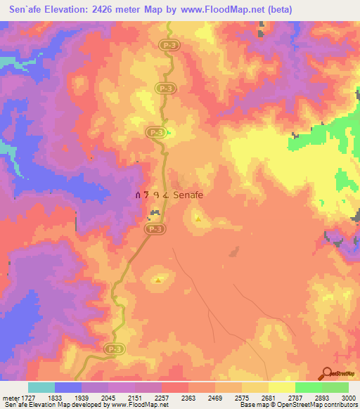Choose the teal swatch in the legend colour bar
[x=41, y=387]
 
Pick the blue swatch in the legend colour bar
[x=68, y=387]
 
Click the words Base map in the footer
[x=252, y=405]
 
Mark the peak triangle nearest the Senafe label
[x=198, y=219]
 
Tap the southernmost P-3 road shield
[x=112, y=348]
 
